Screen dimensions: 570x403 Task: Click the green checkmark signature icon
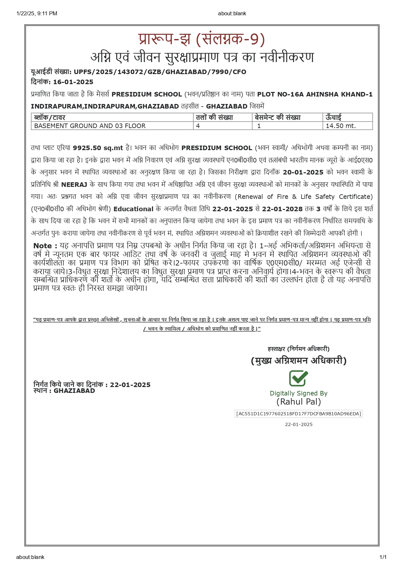pos(298,378)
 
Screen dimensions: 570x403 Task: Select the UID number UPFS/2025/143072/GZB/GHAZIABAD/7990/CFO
pos(160,72)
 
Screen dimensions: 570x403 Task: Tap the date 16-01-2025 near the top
pos(73,82)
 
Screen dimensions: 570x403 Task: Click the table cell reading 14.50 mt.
pos(341,126)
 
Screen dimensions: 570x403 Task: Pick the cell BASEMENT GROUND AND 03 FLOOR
pos(90,126)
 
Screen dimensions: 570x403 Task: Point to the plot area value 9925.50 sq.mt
pos(98,148)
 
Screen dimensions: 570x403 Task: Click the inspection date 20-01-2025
pos(303,172)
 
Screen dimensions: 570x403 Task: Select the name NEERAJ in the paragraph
pos(74,185)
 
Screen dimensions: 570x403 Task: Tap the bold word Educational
pos(133,209)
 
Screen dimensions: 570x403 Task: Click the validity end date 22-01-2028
pos(282,209)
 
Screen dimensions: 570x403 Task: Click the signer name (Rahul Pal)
pos(299,402)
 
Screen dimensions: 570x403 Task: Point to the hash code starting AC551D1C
pos(298,414)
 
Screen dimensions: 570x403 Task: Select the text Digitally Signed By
pos(298,393)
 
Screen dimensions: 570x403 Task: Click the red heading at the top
pos(201,39)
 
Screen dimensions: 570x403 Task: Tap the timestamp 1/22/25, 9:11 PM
pos(37,13)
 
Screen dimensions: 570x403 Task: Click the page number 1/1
pos(383,557)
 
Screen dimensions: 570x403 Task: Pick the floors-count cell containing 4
pos(198,126)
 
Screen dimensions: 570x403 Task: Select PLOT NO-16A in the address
pos(280,95)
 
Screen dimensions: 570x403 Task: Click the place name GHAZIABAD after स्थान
pos(74,391)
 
